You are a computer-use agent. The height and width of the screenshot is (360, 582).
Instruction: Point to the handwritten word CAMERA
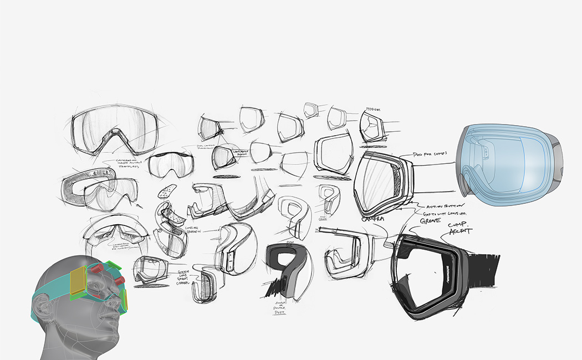tap(372, 219)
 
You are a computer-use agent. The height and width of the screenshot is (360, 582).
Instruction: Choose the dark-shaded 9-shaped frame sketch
tap(285, 266)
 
